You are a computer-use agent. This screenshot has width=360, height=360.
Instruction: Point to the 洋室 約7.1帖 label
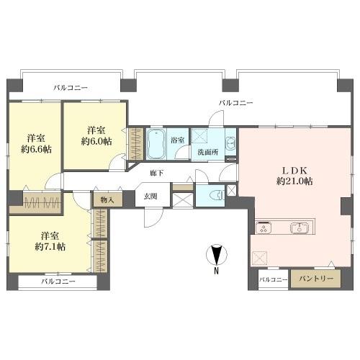tap(50, 241)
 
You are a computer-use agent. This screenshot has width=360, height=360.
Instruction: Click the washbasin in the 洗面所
tap(230, 141)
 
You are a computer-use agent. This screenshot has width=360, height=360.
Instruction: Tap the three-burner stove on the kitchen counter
tap(264, 229)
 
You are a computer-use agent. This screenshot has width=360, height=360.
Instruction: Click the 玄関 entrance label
tap(150, 196)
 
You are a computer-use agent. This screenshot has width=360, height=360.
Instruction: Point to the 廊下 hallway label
tap(156, 174)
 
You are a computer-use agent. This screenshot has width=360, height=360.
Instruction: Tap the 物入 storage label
tap(105, 199)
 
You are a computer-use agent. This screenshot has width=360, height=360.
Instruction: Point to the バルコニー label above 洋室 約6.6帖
tap(70, 87)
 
